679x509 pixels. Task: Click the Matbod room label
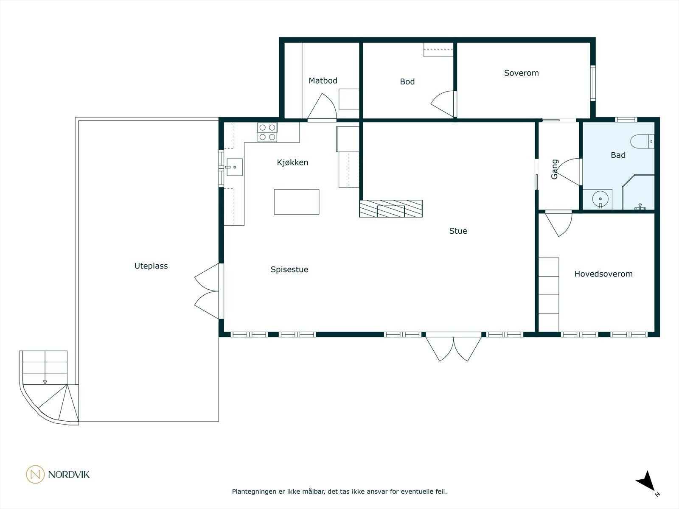tap(323, 81)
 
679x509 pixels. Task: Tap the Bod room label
tap(407, 81)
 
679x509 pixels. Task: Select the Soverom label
tap(521, 73)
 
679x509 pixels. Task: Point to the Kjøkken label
tap(292, 162)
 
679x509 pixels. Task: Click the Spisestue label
tap(289, 269)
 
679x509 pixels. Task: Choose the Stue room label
tap(458, 231)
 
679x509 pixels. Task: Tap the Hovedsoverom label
tap(603, 274)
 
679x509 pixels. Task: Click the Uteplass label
tap(151, 266)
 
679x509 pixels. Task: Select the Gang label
tap(555, 169)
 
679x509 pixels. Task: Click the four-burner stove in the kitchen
tap(267, 132)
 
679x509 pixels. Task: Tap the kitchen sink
tap(235, 167)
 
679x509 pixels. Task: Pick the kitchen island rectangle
tap(296, 202)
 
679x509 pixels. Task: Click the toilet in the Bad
tap(642, 142)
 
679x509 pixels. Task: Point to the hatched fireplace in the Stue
tap(391, 209)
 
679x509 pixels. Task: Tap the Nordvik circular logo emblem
tap(35, 474)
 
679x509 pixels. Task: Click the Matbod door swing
tap(322, 106)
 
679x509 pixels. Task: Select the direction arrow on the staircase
tap(45, 382)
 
